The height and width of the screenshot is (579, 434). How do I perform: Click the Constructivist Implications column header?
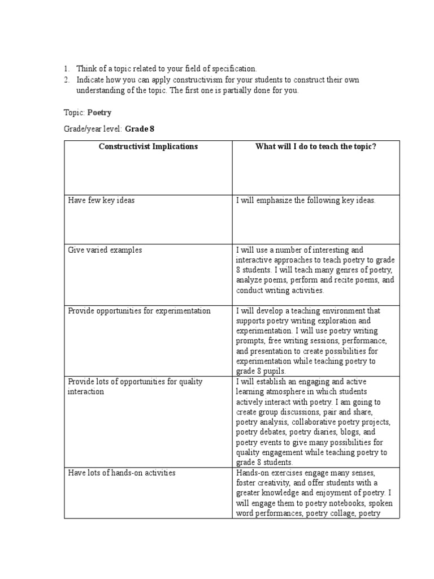pos(148,146)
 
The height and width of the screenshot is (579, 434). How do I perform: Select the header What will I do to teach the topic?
pos(316,146)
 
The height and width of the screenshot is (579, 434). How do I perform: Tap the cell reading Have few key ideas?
pos(101,201)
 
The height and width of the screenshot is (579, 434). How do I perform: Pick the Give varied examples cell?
pos(105,250)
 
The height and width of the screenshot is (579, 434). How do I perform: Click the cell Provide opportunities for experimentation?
pos(139,311)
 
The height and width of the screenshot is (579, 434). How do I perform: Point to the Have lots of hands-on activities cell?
pos(121,473)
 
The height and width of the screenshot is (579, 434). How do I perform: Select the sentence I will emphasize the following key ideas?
pos(306,201)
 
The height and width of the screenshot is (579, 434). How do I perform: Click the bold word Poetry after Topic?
pos(99,113)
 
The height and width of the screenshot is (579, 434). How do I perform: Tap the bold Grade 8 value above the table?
pos(140,129)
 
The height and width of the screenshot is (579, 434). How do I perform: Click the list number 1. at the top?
pos(66,68)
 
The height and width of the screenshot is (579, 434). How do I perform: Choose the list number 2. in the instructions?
pos(66,80)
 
